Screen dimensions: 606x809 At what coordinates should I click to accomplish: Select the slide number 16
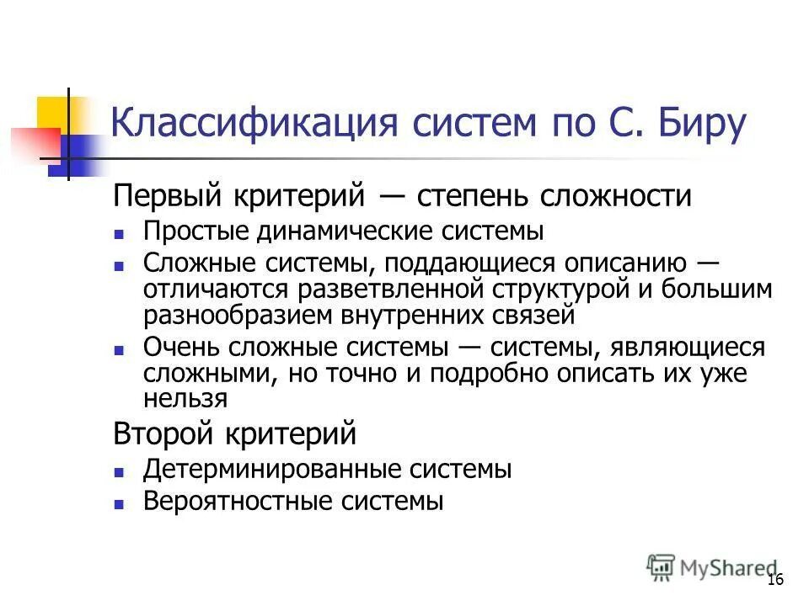click(x=775, y=581)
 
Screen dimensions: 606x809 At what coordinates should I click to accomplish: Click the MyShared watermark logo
click(x=712, y=567)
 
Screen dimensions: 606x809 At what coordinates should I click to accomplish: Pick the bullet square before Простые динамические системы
click(x=120, y=233)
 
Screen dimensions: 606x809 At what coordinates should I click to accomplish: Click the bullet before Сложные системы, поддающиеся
click(x=120, y=264)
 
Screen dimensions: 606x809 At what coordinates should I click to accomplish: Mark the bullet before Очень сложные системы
click(x=120, y=348)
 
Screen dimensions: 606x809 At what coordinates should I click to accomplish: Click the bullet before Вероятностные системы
click(x=120, y=503)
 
